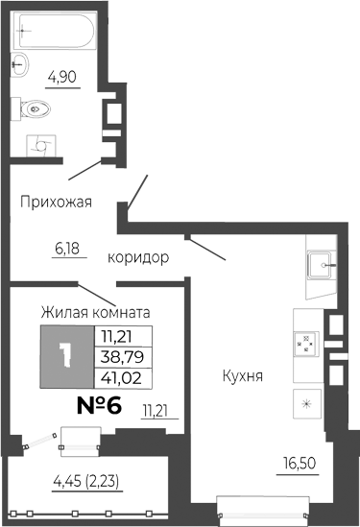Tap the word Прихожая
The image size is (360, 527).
pos(57,202)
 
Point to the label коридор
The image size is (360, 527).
pos(138,257)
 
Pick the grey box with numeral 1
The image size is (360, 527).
pos(65,356)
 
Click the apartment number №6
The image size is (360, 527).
pos(99,405)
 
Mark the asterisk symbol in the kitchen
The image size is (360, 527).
pos(307,403)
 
